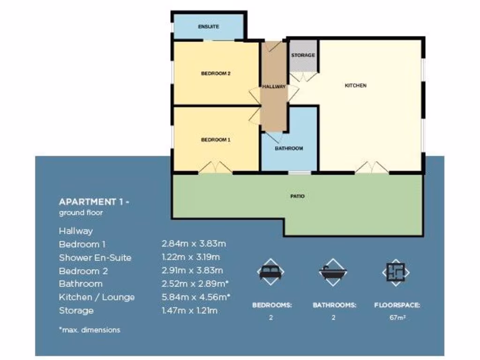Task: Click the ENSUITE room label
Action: point(209,27)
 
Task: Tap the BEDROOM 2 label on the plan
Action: point(216,74)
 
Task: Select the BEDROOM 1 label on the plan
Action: point(216,140)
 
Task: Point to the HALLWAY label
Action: point(274,87)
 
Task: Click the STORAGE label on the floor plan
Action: point(303,55)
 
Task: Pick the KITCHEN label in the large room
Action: point(355,86)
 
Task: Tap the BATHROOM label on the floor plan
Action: point(289,149)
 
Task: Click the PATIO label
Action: point(297,196)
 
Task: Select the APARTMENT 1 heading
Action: point(94,202)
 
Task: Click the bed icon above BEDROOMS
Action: point(271,271)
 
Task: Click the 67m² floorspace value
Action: point(397,317)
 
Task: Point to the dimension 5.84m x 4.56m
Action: point(196,297)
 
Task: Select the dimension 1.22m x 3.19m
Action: point(190,257)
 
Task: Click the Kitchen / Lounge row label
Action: point(97,297)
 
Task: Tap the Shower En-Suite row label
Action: point(95,258)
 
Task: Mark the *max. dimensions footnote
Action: point(90,330)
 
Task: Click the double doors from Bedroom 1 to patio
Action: point(215,168)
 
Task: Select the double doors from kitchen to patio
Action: point(372,168)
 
